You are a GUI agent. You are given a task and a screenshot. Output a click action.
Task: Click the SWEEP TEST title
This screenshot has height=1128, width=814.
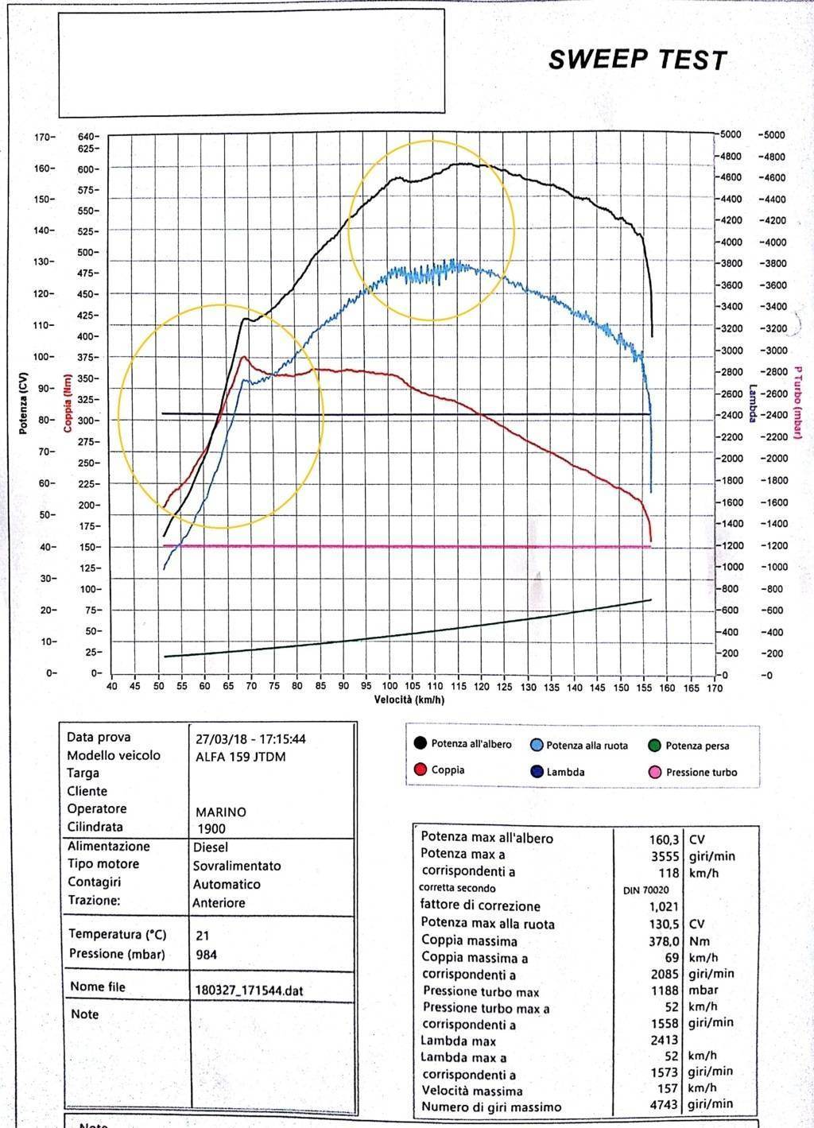(637, 60)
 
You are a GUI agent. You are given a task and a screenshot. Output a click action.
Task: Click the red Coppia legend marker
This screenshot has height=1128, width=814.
(421, 769)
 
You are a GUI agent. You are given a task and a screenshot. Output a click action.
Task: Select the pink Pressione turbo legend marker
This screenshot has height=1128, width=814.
(656, 772)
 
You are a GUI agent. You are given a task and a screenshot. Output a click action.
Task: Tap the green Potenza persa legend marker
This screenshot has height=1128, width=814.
(655, 746)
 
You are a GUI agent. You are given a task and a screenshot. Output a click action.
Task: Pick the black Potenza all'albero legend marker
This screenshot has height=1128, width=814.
(421, 743)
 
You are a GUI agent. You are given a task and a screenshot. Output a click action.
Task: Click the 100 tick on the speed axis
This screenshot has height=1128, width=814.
(390, 687)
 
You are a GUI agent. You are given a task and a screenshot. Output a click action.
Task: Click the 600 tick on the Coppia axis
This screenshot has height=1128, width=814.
(87, 169)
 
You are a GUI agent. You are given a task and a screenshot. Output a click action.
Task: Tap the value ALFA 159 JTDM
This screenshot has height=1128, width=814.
(240, 757)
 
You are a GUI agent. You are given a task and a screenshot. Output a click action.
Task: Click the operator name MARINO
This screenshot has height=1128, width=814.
(221, 812)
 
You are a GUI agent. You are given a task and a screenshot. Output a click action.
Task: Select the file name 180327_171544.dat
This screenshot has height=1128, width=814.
(249, 991)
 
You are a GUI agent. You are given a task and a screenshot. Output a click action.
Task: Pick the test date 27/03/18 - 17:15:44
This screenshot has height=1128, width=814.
(250, 739)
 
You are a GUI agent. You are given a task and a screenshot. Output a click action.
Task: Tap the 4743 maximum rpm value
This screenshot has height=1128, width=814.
(665, 1106)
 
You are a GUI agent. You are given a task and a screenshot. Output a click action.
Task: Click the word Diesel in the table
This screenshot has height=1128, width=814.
(210, 847)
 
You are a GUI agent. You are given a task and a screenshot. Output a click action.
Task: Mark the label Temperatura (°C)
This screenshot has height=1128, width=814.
(116, 935)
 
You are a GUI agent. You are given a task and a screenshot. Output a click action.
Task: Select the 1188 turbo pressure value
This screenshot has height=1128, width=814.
(665, 990)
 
